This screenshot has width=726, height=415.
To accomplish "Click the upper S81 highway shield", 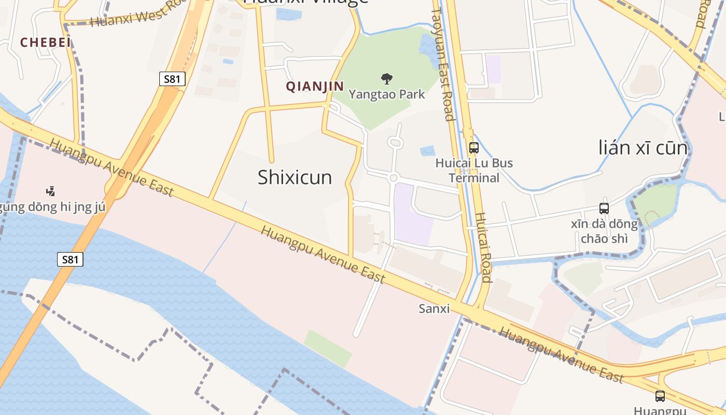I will coord(172,79).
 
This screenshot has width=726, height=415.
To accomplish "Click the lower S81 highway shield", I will coord(70,259).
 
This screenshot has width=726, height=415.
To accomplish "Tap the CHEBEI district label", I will coord(46,43).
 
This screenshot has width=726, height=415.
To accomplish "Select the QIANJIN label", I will coord(315,86).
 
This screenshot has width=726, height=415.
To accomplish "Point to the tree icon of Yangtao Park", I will coord(386,79).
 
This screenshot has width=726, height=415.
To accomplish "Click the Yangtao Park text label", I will coord(386,94).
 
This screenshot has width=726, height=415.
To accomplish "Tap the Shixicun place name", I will coord(295,177).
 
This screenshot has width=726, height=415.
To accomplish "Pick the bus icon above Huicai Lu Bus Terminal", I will coord(473,147).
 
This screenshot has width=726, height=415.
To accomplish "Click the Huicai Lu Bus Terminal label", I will coord(474,170).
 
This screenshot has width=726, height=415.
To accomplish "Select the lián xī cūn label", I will coord(643,148).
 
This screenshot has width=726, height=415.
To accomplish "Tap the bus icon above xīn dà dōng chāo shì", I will coord(604,209).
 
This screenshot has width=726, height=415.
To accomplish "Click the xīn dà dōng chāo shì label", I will coord(604,231).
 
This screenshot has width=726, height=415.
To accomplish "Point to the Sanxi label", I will coord(434,309).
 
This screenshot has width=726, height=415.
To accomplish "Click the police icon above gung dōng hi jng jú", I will coord(50,191).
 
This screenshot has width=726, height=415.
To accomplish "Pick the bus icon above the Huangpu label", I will coord(660,396).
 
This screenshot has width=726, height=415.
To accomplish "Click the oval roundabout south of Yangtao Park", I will coord(395,142).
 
